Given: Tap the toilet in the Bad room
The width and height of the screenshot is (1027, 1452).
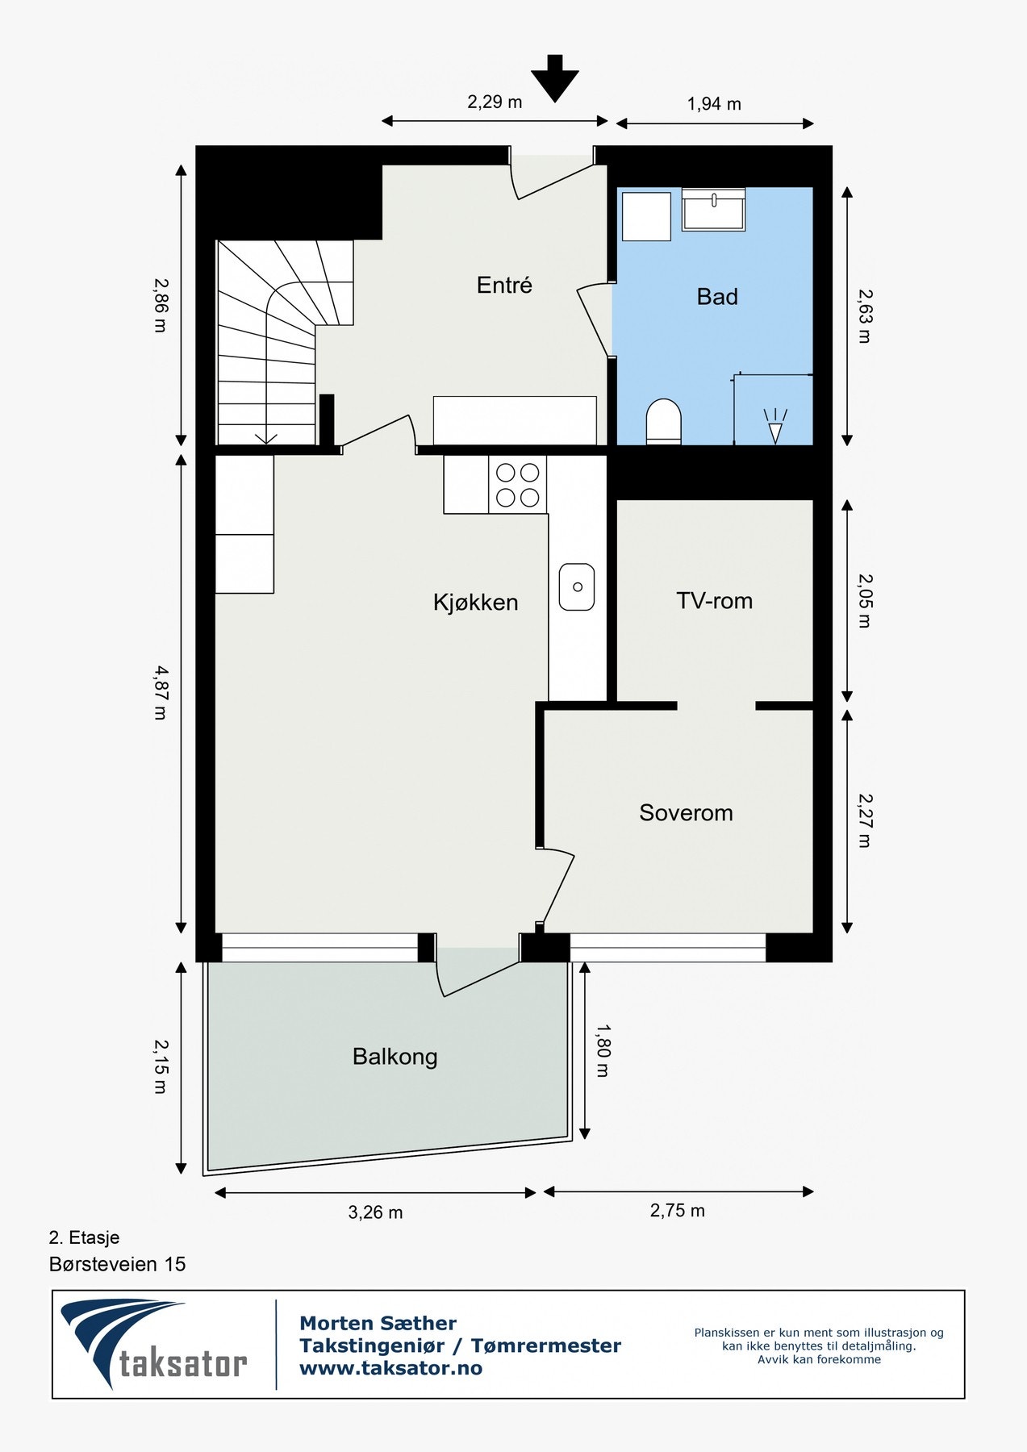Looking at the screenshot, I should [663, 421].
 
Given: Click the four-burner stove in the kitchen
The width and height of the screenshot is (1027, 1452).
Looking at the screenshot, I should [517, 485].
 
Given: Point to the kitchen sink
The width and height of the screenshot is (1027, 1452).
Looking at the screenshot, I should [577, 586].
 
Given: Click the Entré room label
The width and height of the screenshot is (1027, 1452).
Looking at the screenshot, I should [504, 286].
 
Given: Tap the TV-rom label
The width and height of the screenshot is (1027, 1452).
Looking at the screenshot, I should [714, 601].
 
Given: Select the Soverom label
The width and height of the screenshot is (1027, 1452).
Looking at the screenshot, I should [686, 812].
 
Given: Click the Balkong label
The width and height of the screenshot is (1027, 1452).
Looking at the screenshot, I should [395, 1057].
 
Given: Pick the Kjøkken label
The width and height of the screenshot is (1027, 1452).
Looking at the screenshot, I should [475, 603].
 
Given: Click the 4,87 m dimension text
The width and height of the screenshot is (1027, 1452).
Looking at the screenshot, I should [161, 692].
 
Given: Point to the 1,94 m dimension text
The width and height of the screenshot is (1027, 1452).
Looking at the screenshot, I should [714, 104].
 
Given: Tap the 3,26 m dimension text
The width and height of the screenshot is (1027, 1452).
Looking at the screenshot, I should [375, 1212].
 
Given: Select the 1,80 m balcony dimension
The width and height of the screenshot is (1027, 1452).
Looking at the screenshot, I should [603, 1050].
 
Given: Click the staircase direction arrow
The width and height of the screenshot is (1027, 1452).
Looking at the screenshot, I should [266, 438].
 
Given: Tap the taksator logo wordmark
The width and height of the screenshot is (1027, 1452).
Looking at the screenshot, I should [183, 1364].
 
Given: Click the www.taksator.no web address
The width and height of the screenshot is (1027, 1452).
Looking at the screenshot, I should [390, 1368].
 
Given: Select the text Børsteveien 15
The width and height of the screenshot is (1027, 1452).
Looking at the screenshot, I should [117, 1264].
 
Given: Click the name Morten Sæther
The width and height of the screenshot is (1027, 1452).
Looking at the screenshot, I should [378, 1323].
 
